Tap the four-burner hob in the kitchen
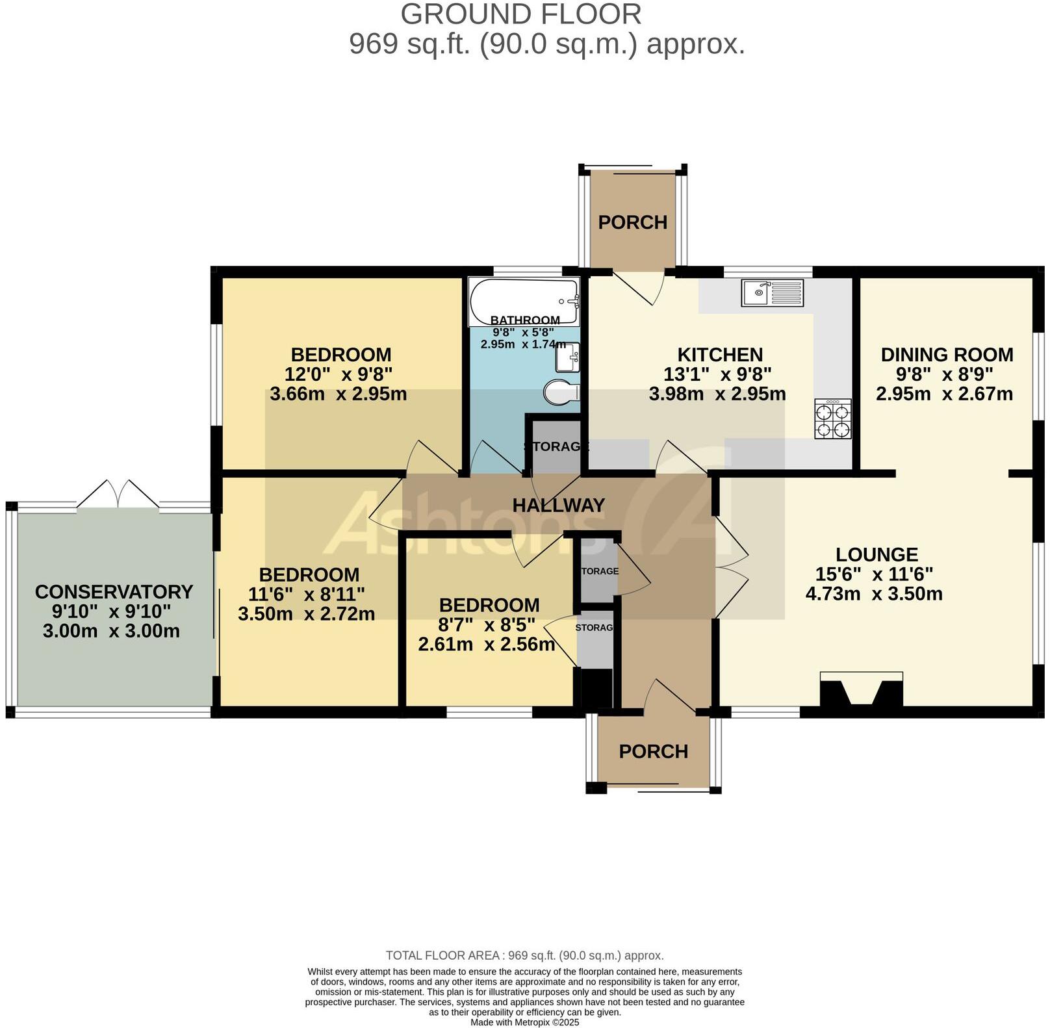(833, 420)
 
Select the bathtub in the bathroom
(524, 300)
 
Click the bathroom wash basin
(567, 357)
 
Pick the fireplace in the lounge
(862, 689)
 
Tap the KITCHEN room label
(720, 355)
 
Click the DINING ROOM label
(947, 355)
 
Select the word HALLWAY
(558, 506)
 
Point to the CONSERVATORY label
(114, 592)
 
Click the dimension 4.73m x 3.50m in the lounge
(874, 594)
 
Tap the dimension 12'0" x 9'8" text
(339, 374)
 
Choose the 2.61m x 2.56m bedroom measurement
(486, 645)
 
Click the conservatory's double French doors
(118, 496)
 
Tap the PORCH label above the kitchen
(632, 222)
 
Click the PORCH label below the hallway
(653, 752)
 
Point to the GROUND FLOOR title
(520, 14)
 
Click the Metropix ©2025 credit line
(524, 1022)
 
